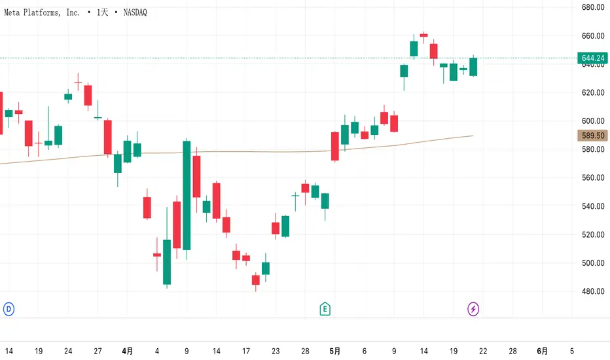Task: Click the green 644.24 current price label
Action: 592,58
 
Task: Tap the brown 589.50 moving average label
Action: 592,135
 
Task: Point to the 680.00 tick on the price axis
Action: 592,7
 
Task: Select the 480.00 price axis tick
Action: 592,291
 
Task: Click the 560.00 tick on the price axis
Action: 592,178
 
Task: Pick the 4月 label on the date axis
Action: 127,351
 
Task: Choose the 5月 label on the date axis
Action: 334,351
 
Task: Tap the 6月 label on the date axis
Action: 543,351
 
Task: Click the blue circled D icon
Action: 9,308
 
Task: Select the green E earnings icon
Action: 325,308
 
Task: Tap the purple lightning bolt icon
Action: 473,308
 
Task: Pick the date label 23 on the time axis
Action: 276,351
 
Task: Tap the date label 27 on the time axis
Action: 98,351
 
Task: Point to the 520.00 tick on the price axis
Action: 592,234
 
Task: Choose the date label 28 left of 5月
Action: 305,351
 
